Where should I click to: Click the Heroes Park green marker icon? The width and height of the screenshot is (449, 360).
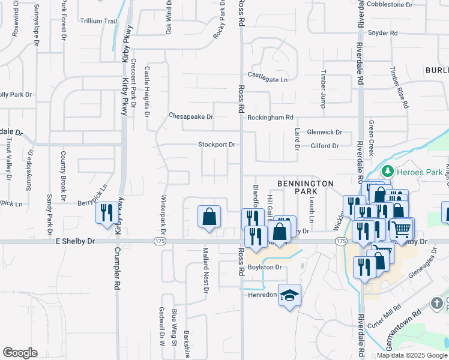point(388,172)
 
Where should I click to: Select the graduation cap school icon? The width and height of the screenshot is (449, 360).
point(290,295)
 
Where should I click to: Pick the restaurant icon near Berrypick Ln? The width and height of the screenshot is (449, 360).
point(107,213)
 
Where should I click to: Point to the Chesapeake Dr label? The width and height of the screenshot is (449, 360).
point(191,116)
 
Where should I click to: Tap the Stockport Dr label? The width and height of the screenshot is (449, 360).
point(217,145)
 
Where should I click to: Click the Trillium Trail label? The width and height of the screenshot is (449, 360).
point(98,21)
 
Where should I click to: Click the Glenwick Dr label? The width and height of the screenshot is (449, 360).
point(324,132)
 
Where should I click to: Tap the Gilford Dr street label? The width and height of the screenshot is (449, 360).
point(325,146)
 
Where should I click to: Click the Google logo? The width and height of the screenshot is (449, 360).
point(20,353)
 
